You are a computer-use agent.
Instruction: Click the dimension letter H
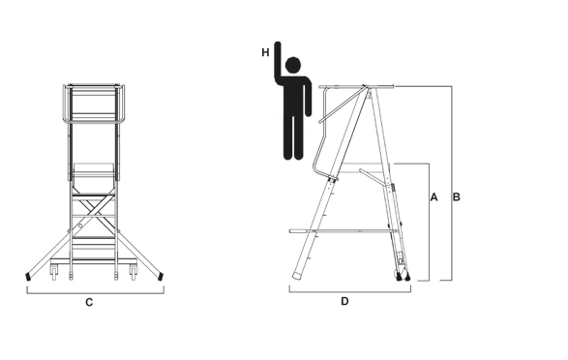pos(265,52)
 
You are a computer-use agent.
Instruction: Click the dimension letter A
pos(433,197)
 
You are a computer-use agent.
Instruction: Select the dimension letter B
pos(457,197)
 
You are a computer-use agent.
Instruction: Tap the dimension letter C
pos(89,302)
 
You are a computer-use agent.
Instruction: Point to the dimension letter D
pos(344,301)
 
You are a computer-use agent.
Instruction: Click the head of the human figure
pos(293,65)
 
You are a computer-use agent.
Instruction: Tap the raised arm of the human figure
pos(278,62)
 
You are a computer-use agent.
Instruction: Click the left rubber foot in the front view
pos(28,277)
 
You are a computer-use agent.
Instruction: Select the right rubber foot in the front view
pos(160,277)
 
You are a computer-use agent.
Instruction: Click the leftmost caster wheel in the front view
pos(54,273)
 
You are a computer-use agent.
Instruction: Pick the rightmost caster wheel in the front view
pos(134,273)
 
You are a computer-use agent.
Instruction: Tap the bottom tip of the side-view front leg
pos(297,277)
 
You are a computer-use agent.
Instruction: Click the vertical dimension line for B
pos(452,183)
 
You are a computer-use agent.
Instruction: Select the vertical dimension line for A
pos(430,222)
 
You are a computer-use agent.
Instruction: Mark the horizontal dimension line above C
pos(96,293)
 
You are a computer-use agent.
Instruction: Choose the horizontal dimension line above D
pos(350,292)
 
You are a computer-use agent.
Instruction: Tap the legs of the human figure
pos(293,135)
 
